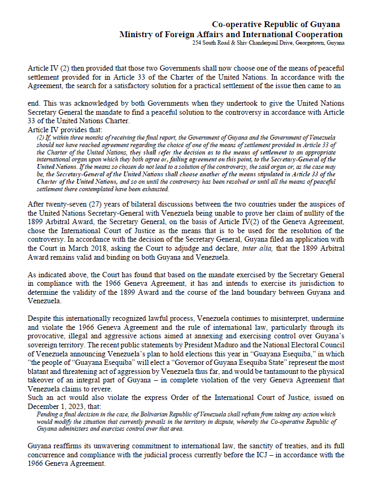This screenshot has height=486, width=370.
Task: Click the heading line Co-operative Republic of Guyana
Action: pos(276,24)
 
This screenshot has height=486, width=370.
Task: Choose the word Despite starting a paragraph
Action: pos(39,316)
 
